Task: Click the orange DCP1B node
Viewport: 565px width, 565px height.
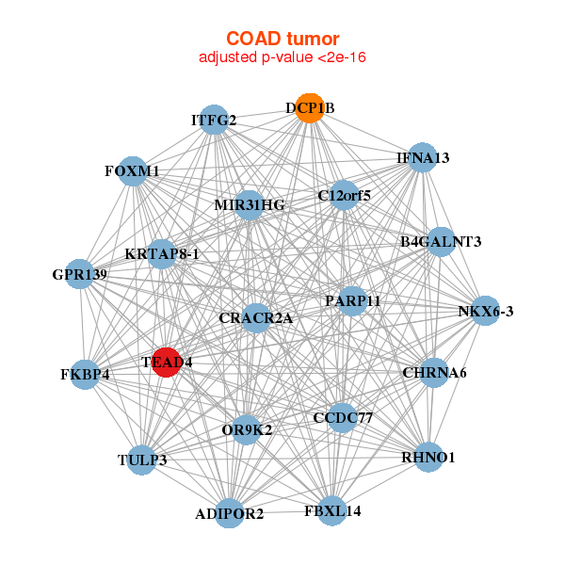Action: [x=310, y=108]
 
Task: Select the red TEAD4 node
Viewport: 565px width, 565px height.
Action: [x=166, y=363]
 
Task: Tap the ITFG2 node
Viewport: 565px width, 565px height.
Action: [x=214, y=120]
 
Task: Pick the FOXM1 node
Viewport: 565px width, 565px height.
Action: [x=133, y=171]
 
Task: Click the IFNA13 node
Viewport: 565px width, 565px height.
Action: [x=423, y=157]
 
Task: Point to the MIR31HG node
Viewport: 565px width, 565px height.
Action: [x=249, y=205]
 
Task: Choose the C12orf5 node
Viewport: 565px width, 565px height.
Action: [x=344, y=195]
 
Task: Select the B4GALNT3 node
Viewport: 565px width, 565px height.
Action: [x=441, y=242]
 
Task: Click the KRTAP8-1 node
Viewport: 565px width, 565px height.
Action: [x=162, y=254]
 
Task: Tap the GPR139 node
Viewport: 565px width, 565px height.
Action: [x=80, y=274]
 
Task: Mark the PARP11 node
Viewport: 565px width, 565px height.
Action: [x=352, y=301]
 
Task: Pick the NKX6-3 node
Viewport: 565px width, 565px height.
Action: [x=485, y=311]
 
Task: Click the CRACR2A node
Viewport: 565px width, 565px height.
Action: [x=256, y=318]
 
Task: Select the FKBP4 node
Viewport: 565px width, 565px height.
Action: [x=85, y=375]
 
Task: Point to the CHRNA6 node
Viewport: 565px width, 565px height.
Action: [x=434, y=373]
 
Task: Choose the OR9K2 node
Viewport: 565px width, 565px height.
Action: [x=247, y=430]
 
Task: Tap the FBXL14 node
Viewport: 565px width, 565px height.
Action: [x=332, y=511]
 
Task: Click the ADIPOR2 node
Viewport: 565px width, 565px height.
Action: [x=230, y=513]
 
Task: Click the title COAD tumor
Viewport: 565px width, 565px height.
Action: [x=282, y=39]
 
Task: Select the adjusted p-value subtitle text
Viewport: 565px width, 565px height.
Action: [x=282, y=57]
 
